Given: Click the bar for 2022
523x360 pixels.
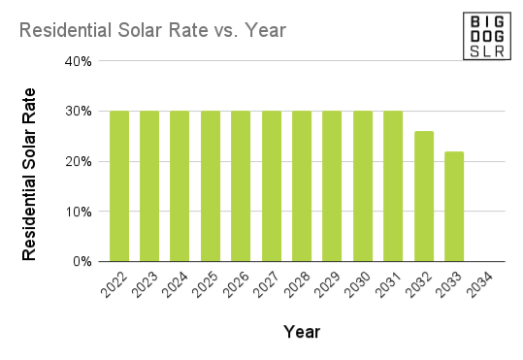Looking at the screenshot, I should [119, 186].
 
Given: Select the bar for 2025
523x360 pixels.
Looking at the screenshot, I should [211, 186].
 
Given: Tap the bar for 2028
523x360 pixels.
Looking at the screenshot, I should [302, 186].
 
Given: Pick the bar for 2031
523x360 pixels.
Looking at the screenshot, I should [393, 186].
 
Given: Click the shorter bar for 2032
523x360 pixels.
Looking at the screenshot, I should [423, 196].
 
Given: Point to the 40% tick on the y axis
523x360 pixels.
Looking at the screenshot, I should [79, 61].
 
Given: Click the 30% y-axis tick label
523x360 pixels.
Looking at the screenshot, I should [79, 112].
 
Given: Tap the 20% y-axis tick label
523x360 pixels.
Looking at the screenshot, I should [79, 162].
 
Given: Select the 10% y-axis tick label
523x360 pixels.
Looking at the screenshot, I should [79, 212].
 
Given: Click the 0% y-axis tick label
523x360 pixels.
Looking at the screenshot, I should [82, 262].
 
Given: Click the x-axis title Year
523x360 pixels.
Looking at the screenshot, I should [302, 332].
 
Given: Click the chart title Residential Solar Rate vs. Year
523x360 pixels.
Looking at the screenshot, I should [152, 30].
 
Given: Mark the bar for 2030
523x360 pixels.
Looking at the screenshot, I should [362, 186].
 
